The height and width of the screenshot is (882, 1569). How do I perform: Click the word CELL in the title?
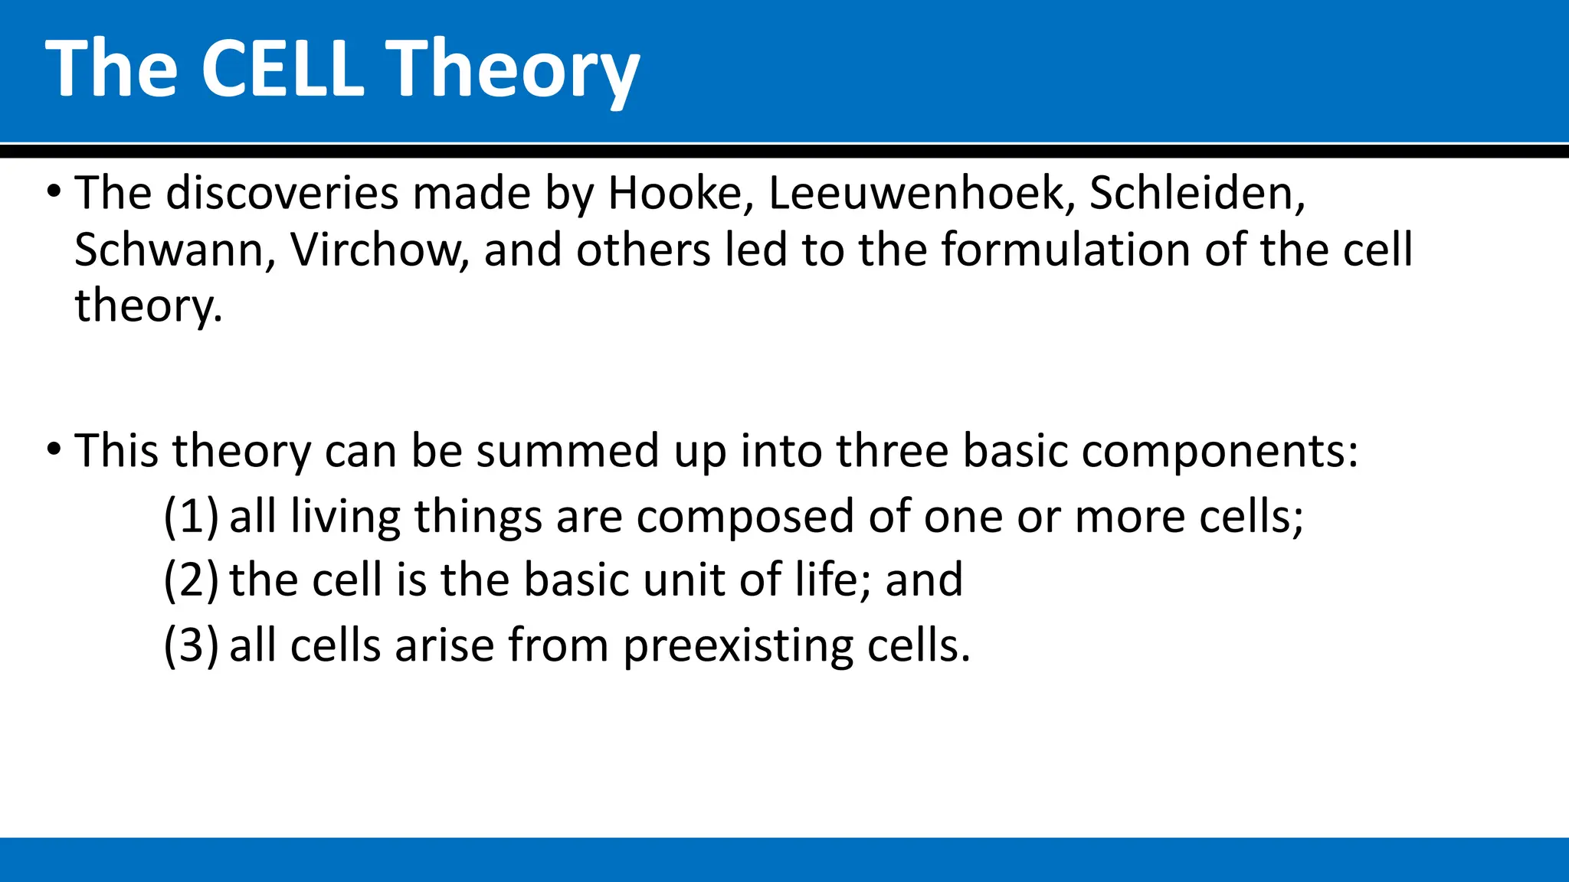click(x=282, y=69)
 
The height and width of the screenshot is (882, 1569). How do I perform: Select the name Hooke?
click(x=674, y=193)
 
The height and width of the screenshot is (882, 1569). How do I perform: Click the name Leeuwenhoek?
click(x=916, y=193)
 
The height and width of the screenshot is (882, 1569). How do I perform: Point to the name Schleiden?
click(x=1195, y=193)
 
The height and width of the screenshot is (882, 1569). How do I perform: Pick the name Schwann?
click(x=169, y=250)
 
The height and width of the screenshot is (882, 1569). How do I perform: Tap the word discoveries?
click(x=283, y=193)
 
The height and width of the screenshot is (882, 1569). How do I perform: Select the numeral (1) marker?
click(x=191, y=516)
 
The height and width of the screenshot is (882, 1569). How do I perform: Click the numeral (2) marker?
click(x=191, y=580)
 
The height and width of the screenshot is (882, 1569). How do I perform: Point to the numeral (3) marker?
click(x=191, y=645)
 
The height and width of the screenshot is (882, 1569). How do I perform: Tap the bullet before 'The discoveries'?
click(x=53, y=191)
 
